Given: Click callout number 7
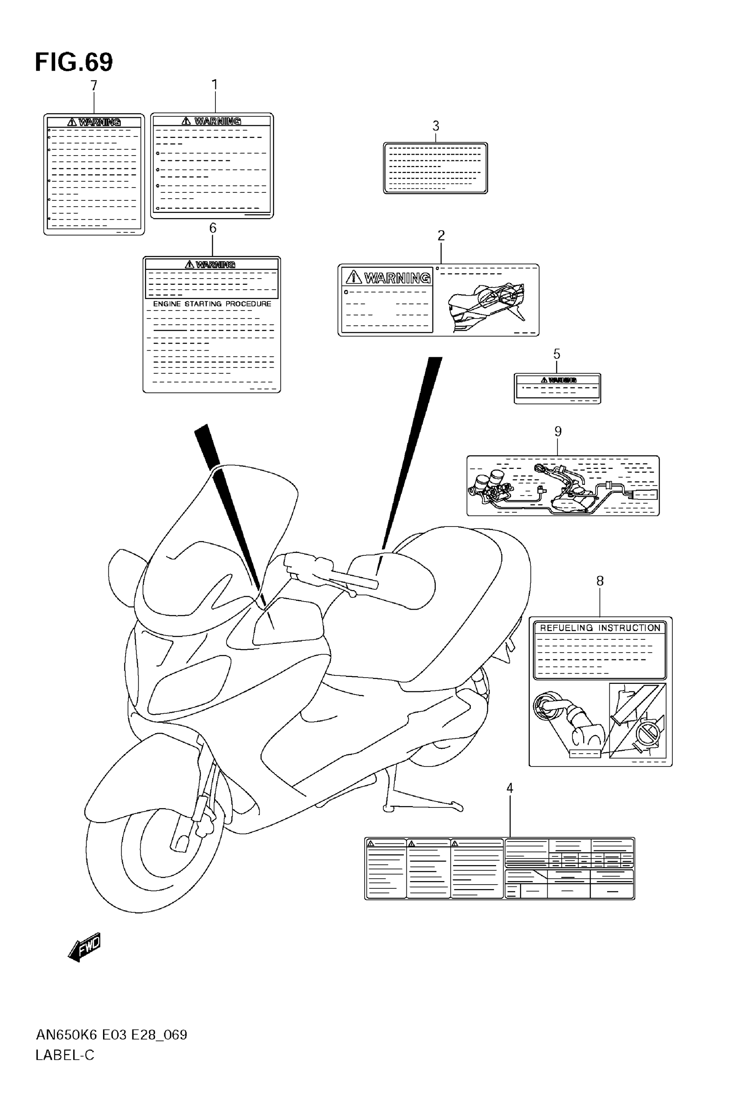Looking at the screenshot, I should tap(94, 86).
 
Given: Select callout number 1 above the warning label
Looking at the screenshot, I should tap(215, 85).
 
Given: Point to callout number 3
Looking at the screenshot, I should tap(436, 126).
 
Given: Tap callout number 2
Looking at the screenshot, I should tap(441, 235).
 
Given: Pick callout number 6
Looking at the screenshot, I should tap(212, 228).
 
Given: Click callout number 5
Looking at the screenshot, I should tap(557, 354).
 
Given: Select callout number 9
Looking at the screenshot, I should tap(558, 431).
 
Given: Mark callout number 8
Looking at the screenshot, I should tap(600, 581).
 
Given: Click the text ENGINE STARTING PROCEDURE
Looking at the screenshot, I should tap(212, 304).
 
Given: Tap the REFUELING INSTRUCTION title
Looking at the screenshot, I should tap(600, 628).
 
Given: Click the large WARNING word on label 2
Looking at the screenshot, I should tap(397, 278).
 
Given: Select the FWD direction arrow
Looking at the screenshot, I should tap(85, 946).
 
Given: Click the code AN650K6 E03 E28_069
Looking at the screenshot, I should tap(111, 1035).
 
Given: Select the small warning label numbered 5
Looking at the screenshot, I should tap(557, 388).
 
